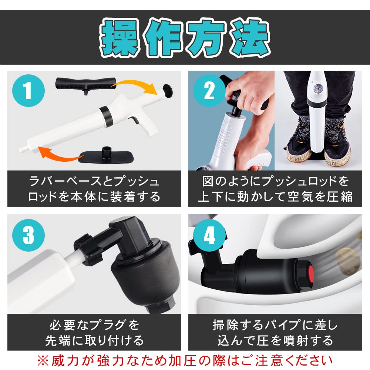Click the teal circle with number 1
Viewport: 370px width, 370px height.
pyautogui.click(x=28, y=91)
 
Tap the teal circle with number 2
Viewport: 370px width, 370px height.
pyautogui.click(x=209, y=91)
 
